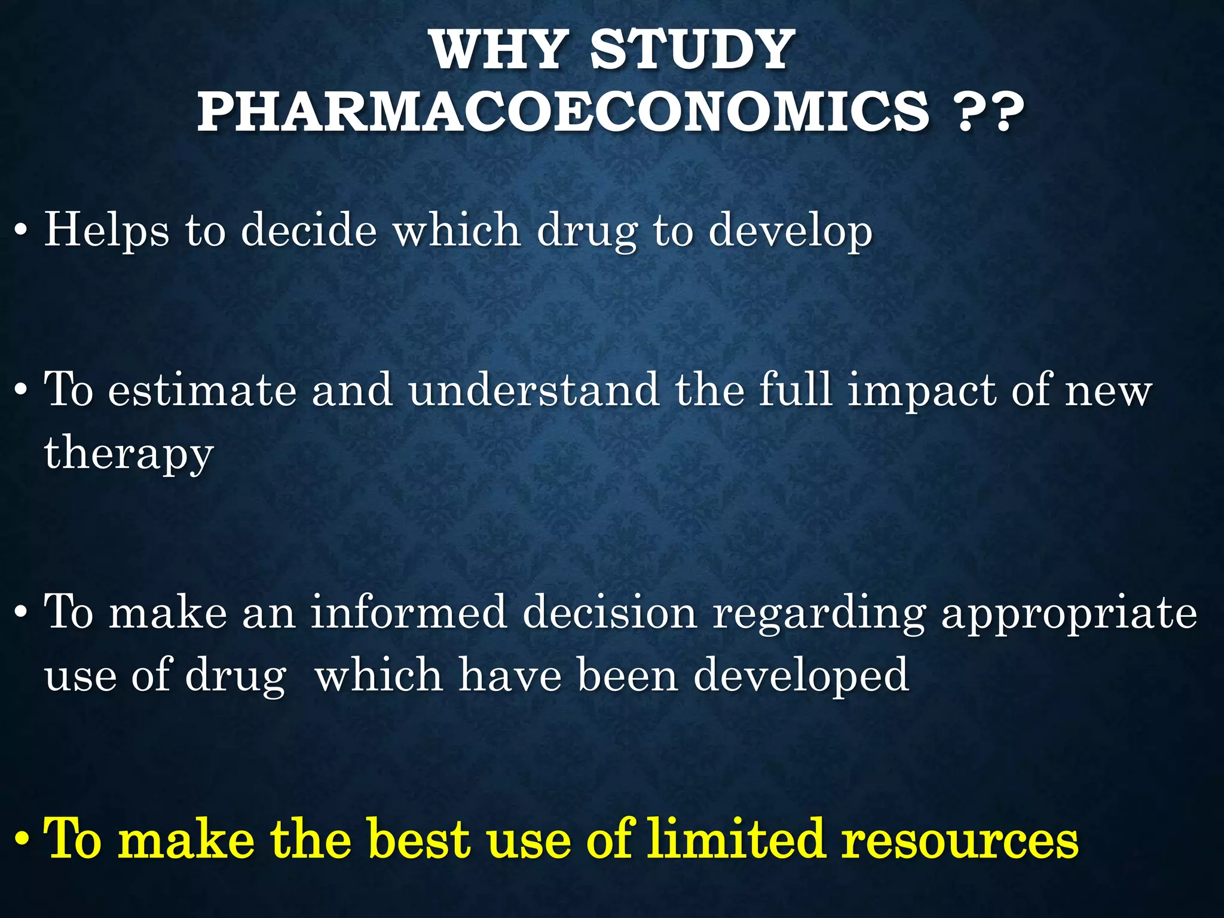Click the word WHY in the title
point(498,50)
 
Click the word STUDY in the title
point(692,50)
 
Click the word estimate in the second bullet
point(203,390)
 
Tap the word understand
point(534,390)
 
